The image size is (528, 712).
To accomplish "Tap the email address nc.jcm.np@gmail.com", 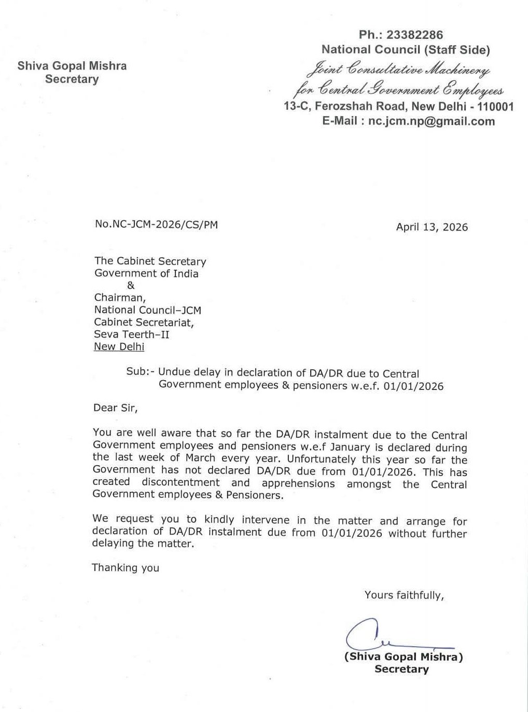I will (432, 121).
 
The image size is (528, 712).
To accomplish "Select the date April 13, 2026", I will (432, 227).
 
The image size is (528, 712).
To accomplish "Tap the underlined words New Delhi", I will (119, 347).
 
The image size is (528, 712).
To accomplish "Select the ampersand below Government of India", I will (130, 286).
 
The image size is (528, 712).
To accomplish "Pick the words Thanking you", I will (126, 568).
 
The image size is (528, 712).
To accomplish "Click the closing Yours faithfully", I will (404, 595).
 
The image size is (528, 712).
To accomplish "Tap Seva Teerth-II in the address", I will (132, 334).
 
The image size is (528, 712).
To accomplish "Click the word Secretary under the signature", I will (401, 669).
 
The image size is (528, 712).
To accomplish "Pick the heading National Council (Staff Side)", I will (406, 50).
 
